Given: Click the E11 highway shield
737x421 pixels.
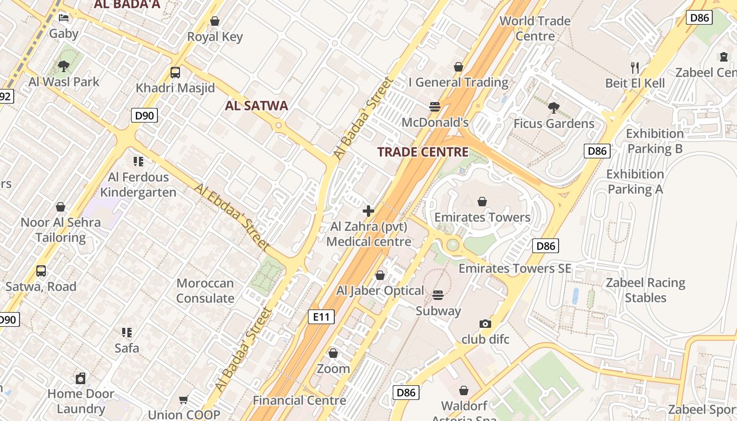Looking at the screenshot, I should tap(321, 317).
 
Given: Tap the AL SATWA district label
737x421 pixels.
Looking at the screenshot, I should tap(256, 106).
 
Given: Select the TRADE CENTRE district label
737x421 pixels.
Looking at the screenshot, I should tap(423, 153).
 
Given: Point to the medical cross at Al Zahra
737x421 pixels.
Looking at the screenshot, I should tap(368, 212).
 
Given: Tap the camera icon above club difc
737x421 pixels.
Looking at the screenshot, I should tap(485, 324).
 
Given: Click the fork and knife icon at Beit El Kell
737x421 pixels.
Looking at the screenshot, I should tap(635, 67).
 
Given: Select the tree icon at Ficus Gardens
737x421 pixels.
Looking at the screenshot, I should tap(553, 108).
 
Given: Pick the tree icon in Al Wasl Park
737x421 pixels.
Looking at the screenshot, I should tap(64, 66).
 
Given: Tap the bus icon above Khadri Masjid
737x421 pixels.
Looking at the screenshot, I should tap(175, 73).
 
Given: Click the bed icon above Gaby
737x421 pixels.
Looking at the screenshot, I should tap(64, 18).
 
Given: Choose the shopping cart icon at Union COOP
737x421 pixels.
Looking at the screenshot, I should tap(184, 400).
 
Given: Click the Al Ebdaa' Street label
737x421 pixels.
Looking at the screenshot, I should tap(232, 217).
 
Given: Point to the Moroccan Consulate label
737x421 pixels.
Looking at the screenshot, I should tap(205, 290).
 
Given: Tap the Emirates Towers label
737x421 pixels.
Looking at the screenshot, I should tap(482, 217).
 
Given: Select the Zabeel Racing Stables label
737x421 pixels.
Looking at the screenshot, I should tap(645, 290).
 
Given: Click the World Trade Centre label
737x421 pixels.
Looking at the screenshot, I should tap(535, 28).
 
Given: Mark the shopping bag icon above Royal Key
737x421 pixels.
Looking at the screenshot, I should tap(215, 22).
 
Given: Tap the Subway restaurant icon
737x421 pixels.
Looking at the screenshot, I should tap(438, 295).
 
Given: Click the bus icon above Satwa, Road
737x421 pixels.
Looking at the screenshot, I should tap(41, 271).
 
